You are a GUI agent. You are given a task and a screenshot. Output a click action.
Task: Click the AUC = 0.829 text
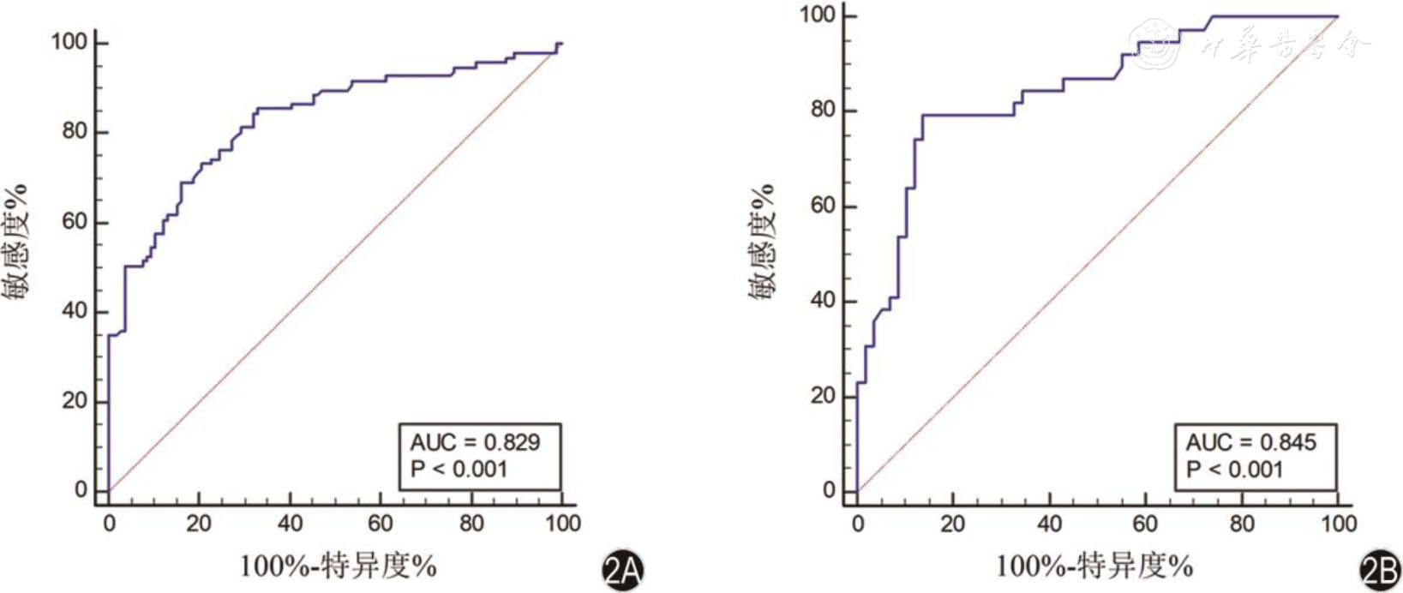tap(475, 442)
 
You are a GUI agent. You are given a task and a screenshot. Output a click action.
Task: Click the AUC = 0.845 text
tap(1250, 442)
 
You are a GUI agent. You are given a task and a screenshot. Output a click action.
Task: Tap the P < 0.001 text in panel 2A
tap(459, 470)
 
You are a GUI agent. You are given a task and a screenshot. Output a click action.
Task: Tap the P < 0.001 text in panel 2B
tap(1234, 470)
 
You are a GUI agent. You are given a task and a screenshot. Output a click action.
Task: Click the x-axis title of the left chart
tap(338, 566)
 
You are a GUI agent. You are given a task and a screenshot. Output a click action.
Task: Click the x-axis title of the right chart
tap(1094, 566)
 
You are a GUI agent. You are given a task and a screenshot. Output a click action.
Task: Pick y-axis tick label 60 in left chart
tap(74, 221)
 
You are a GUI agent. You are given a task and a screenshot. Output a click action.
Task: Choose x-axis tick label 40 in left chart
tap(290, 523)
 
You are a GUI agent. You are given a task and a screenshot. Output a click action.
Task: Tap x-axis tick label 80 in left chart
tap(471, 523)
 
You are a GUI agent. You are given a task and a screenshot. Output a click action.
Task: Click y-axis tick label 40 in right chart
tap(823, 301)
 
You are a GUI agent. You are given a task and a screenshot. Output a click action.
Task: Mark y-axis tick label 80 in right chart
tap(823, 110)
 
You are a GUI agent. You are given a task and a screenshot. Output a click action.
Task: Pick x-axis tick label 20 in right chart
tap(952, 523)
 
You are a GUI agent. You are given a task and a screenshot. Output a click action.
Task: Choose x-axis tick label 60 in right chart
tap(1145, 523)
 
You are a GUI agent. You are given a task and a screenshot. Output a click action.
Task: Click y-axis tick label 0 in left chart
tap(81, 489)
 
